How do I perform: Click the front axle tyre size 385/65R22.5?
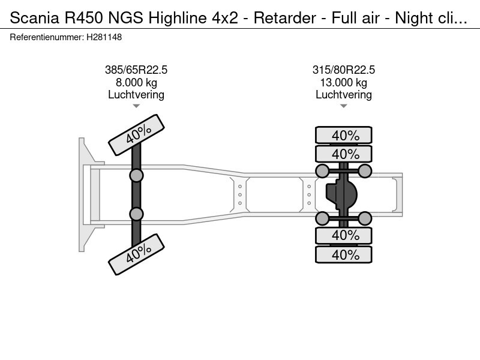click(x=136, y=70)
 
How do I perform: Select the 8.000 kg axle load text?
click(x=136, y=83)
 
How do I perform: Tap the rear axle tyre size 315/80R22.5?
click(x=344, y=70)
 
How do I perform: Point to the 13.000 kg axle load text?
click(x=344, y=83)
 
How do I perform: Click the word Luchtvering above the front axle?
click(x=136, y=95)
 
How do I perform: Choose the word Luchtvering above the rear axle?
click(x=344, y=95)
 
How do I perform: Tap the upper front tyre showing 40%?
click(x=137, y=136)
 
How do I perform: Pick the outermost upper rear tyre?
click(x=344, y=135)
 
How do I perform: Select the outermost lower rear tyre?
click(x=344, y=255)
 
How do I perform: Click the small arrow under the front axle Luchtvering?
click(x=136, y=106)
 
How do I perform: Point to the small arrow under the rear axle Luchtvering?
click(x=344, y=106)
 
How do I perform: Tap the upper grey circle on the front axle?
click(x=137, y=175)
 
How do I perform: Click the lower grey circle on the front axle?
click(x=137, y=214)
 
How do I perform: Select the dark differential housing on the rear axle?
click(x=341, y=194)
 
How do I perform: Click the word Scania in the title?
click(x=29, y=18)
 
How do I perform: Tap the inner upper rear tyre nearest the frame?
click(x=344, y=154)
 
